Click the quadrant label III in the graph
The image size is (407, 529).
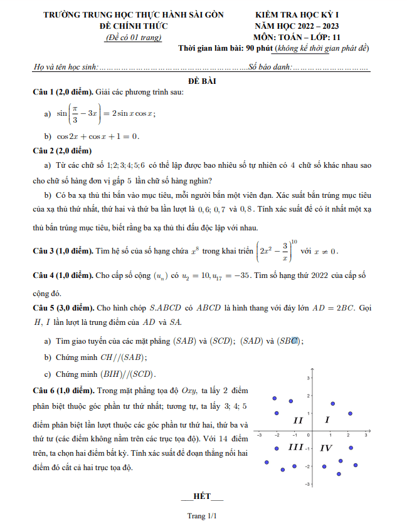[295, 447]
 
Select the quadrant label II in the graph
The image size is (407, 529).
[299, 419]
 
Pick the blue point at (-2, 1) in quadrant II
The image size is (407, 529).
[277, 413]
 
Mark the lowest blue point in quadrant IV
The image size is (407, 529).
[339, 473]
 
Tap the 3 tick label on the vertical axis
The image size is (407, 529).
[308, 379]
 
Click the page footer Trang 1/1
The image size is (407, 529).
[202, 516]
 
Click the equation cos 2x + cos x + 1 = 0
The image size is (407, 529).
[98, 136]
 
